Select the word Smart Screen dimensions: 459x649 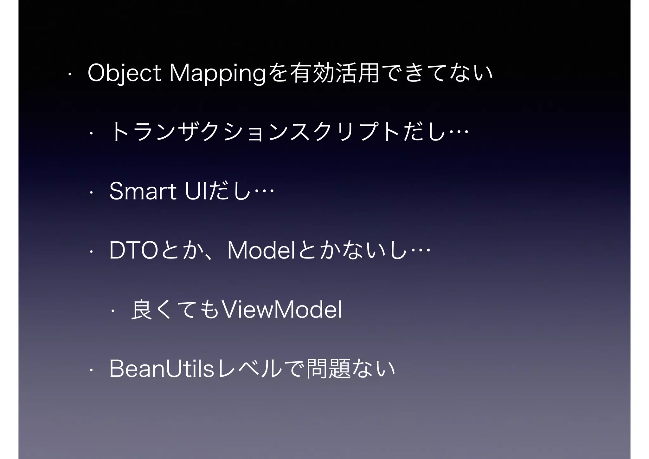pyautogui.click(x=143, y=192)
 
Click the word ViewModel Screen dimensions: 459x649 pyautogui.click(x=282, y=310)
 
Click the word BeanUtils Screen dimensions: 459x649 pyautogui.click(x=162, y=369)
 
